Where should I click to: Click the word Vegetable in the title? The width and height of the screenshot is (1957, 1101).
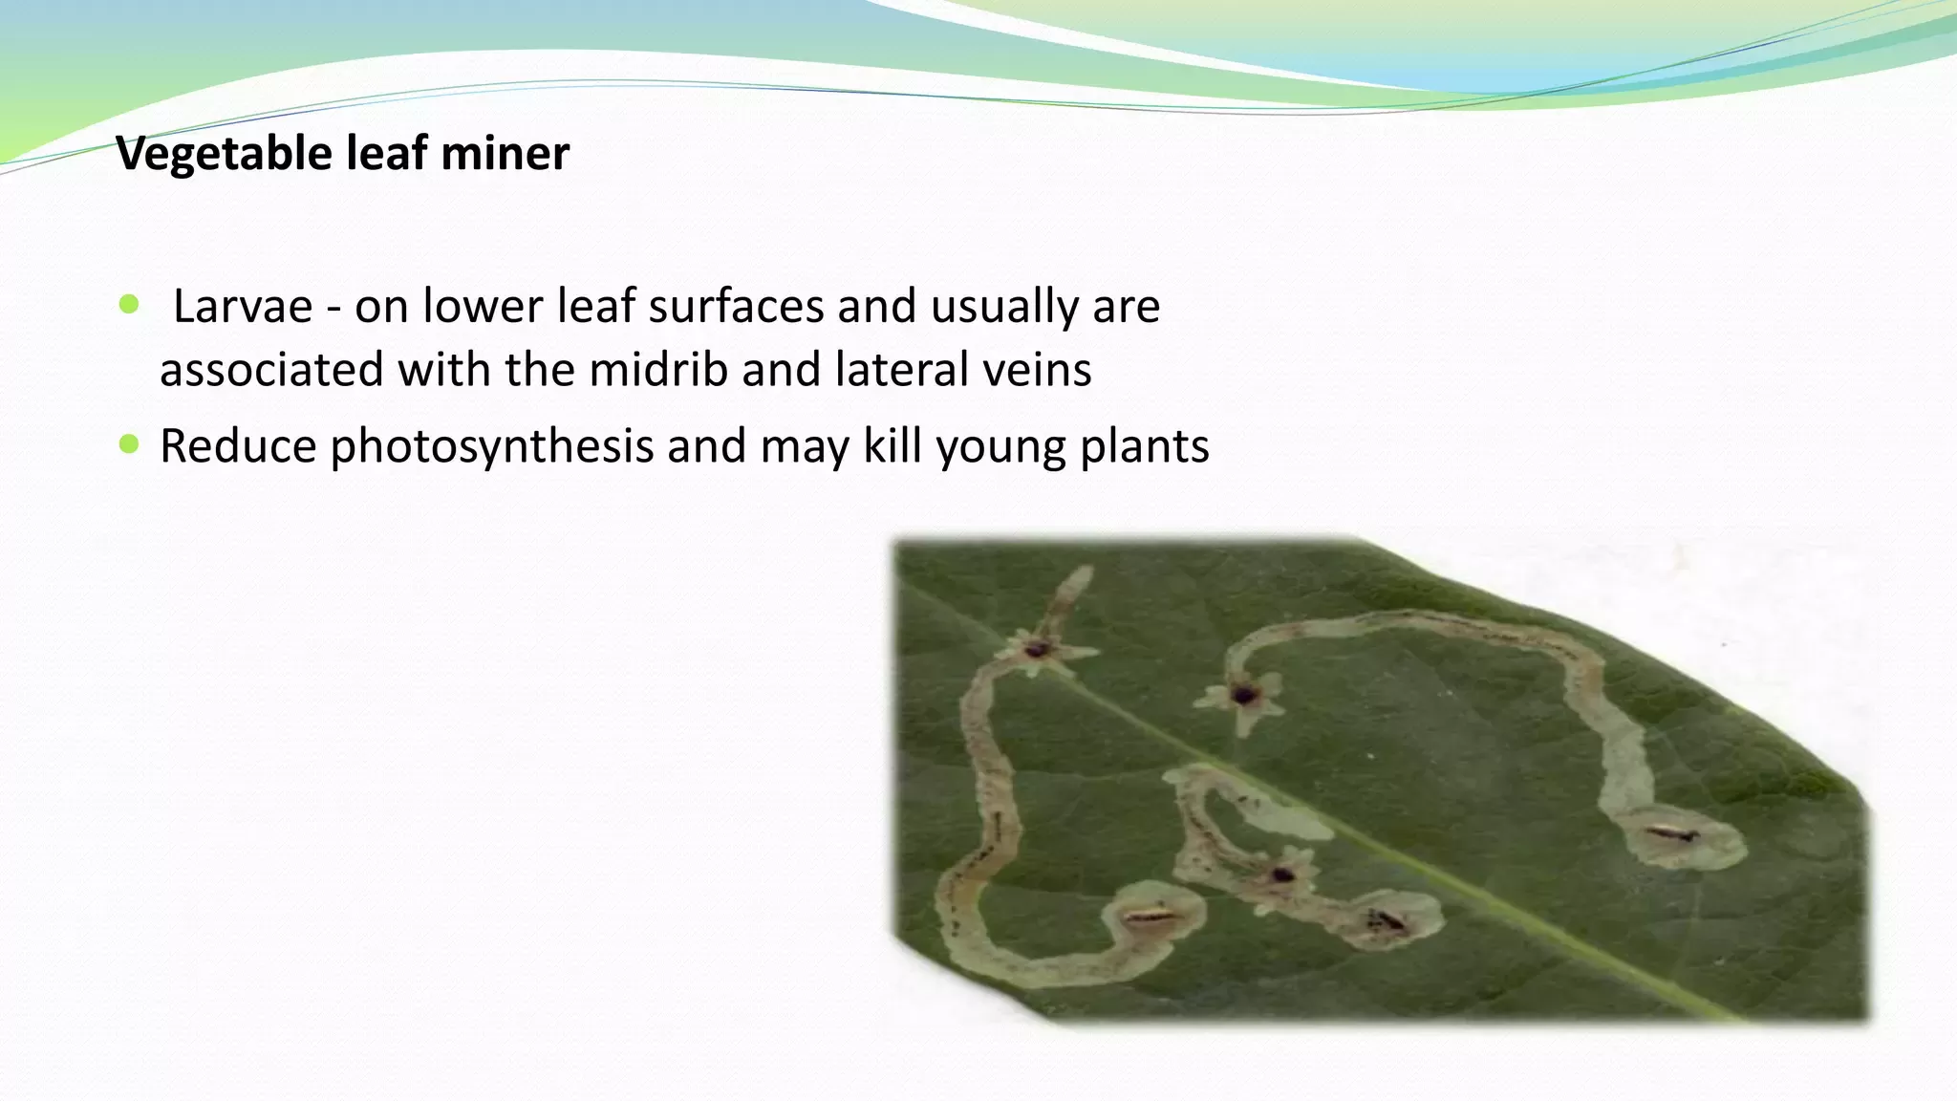coord(224,154)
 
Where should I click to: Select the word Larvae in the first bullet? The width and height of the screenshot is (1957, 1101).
coord(243,307)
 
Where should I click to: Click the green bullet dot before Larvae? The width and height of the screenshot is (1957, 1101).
coord(129,305)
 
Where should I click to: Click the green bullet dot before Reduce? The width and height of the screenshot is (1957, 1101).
coord(129,444)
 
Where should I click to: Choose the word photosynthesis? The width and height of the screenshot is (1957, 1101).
coord(491,447)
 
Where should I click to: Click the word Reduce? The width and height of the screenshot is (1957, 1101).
coord(238,446)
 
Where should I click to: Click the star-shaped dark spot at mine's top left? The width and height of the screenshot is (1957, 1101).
coord(1037,651)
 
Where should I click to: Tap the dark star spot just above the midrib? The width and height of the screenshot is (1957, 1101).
coord(1243,695)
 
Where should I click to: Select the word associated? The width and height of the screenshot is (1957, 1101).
coord(271,370)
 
